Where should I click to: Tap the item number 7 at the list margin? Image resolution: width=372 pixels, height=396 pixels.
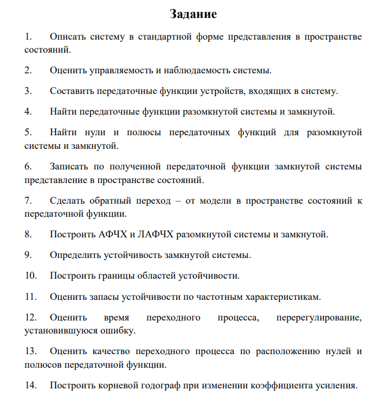(28, 201)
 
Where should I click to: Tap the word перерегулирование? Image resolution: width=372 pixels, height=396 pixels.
(319, 317)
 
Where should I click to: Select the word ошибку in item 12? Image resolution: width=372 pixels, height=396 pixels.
(120, 330)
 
